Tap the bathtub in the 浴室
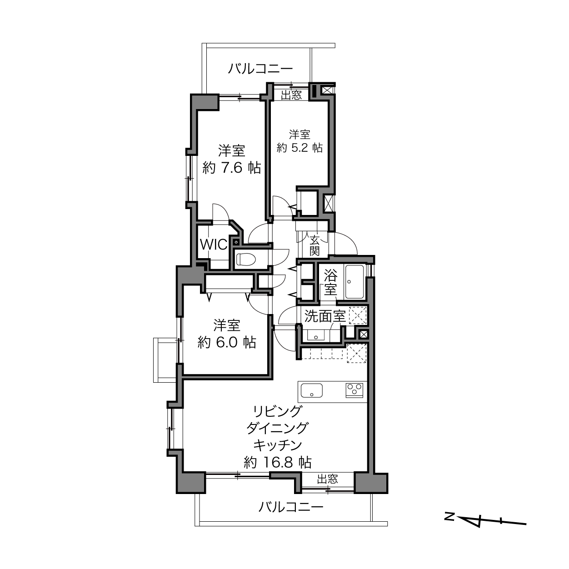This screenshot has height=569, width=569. pyautogui.click(x=354, y=282)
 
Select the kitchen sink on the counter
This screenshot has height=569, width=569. pyautogui.click(x=311, y=390)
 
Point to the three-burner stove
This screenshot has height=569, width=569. pyautogui.click(x=354, y=390)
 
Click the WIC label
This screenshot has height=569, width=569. pyautogui.click(x=214, y=245)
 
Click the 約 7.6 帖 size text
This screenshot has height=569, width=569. pyautogui.click(x=231, y=168)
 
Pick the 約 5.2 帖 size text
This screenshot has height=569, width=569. pyautogui.click(x=299, y=148)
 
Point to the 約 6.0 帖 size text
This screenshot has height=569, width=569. pyautogui.click(x=227, y=343)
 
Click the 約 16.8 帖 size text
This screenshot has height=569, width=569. pyautogui.click(x=278, y=462)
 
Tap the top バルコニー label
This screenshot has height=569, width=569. pyautogui.click(x=260, y=69)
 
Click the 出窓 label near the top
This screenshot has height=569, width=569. pyautogui.click(x=291, y=95)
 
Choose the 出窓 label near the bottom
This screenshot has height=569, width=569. pyautogui.click(x=328, y=479)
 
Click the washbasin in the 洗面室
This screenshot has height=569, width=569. pyautogui.click(x=316, y=335)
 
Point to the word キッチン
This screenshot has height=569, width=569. pyautogui.click(x=278, y=445)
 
